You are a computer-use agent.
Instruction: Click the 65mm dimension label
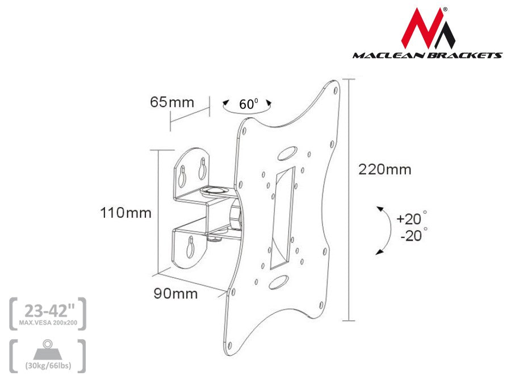[171, 102]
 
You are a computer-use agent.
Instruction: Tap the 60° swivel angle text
[248, 105]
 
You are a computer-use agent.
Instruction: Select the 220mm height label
[384, 170]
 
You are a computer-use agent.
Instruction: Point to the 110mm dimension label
[125, 213]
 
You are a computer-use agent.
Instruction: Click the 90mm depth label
[175, 294]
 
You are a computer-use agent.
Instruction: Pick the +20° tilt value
[411, 218]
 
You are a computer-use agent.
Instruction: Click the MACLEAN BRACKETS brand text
[427, 56]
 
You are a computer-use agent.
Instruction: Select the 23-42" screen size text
[48, 311]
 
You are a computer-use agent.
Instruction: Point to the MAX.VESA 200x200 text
[48, 323]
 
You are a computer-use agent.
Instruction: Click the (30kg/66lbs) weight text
[48, 365]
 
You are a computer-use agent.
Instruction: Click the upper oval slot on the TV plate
[287, 153]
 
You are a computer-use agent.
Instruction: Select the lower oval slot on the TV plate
[279, 282]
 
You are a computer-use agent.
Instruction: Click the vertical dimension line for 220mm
[348, 200]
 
